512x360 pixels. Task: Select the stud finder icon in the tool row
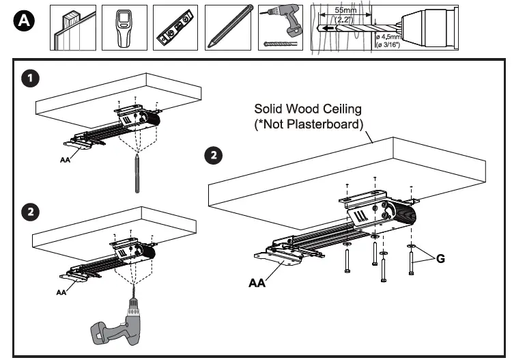124,28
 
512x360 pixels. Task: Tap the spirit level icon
175,28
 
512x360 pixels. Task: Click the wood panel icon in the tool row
72,28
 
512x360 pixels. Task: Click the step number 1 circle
29,79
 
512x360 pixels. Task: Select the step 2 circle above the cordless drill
29,212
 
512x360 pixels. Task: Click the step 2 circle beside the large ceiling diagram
214,155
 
